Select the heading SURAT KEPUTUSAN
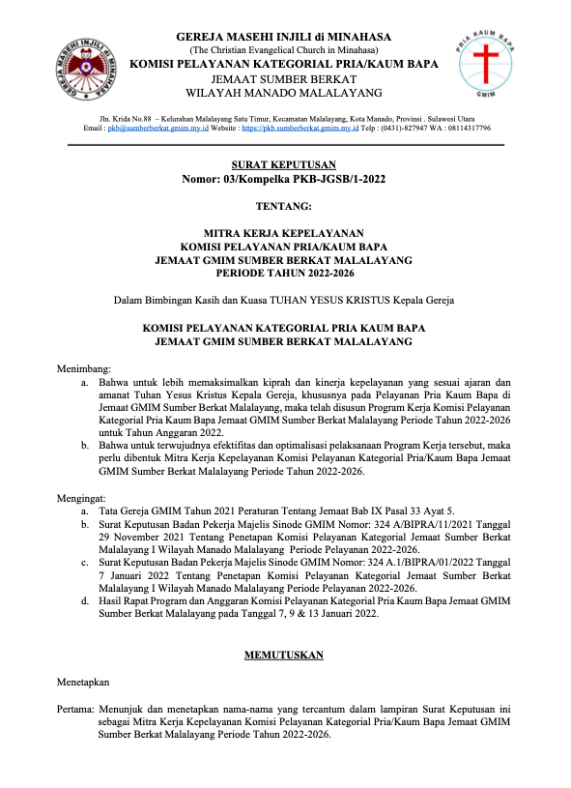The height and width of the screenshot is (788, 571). (284, 165)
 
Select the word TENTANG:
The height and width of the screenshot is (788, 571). (284, 206)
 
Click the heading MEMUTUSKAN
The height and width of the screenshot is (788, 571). (284, 655)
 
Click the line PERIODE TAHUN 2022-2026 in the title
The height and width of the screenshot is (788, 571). (284, 274)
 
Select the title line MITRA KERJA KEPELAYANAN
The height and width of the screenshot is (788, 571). (284, 233)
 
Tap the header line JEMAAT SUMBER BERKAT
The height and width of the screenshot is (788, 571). (284, 78)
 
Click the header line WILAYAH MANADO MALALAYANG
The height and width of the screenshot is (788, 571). (284, 92)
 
